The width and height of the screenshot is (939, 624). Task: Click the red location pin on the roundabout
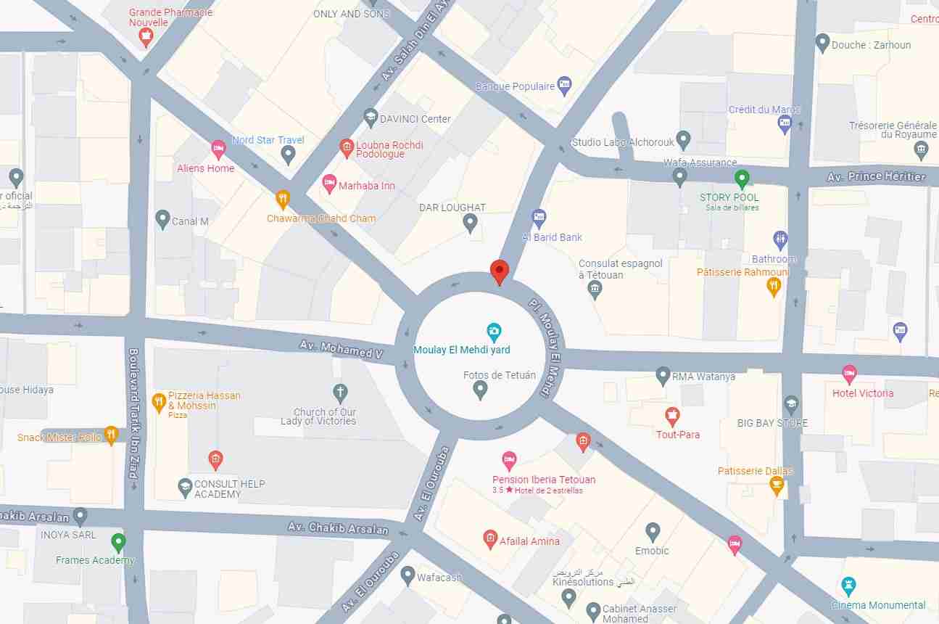tap(499, 271)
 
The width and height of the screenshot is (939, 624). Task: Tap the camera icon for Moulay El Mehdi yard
tap(494, 333)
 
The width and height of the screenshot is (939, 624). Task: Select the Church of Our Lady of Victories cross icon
tap(340, 393)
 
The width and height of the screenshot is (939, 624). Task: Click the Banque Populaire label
tap(515, 86)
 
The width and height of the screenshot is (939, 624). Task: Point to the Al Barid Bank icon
tap(539, 217)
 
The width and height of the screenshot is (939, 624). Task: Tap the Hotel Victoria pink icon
tap(849, 374)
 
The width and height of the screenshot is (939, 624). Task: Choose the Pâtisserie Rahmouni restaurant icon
tap(774, 287)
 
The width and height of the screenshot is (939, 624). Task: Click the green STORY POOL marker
tap(741, 178)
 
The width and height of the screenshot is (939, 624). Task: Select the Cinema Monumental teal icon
tap(848, 586)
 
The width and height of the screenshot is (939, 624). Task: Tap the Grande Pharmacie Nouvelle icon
tap(146, 36)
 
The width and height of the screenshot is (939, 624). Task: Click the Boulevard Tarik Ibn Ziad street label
tap(133, 413)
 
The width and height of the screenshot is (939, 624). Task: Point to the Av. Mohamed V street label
tap(341, 348)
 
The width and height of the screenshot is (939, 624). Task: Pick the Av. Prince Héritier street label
tap(876, 176)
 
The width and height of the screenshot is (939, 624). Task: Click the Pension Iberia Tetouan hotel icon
tap(510, 460)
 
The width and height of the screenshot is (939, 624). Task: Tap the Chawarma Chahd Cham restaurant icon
tap(283, 199)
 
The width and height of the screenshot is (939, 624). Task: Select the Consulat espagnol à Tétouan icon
tap(595, 290)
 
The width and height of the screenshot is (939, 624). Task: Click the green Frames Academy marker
tap(118, 542)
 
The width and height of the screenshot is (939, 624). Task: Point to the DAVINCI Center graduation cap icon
tap(371, 117)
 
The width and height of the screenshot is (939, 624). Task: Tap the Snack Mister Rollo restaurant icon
tap(111, 435)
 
